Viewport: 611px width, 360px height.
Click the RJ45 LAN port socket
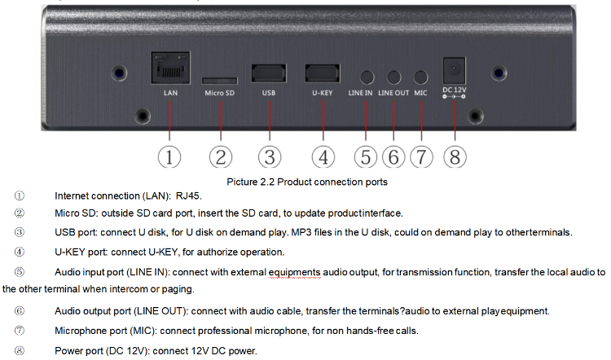(169, 68)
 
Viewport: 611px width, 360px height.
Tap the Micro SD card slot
(219, 80)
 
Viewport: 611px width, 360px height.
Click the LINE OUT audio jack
(393, 77)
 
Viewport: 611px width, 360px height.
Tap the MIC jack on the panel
(420, 77)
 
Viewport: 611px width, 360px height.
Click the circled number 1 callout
(169, 156)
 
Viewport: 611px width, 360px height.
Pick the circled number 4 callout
(323, 156)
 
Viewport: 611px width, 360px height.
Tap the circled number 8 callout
(454, 156)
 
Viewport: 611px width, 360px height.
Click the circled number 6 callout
(393, 156)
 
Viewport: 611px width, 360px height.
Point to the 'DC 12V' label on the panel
(453, 89)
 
